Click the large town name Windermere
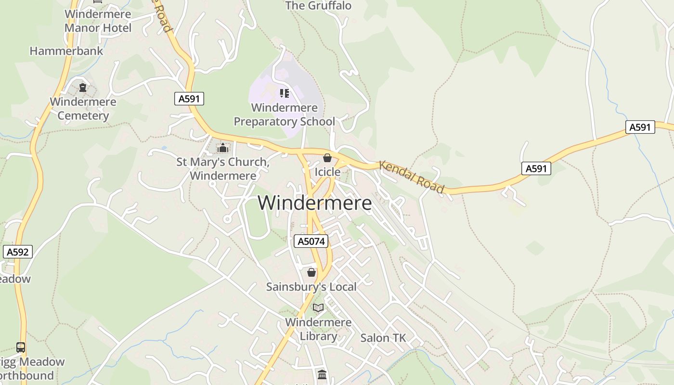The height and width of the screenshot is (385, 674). tap(314, 203)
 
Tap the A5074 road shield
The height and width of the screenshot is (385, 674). tap(311, 241)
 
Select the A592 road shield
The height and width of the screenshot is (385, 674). tap(18, 251)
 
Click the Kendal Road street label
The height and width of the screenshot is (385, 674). tap(412, 177)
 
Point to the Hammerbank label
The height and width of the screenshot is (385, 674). tap(66, 51)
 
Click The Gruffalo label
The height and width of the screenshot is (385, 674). tap(318, 6)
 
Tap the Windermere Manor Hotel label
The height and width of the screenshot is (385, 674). tap(98, 21)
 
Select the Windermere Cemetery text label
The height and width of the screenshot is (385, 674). tap(83, 109)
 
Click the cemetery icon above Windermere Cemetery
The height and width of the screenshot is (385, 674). tap(83, 88)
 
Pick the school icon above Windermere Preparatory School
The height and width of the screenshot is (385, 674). tap(285, 93)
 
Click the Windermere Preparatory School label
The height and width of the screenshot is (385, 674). tap(285, 115)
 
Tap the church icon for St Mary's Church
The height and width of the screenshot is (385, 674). tap(222, 148)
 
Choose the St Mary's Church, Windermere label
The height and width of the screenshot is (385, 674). tap(223, 169)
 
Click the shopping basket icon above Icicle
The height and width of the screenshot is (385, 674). tap(327, 158)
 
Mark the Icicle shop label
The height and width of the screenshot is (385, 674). tap(327, 172)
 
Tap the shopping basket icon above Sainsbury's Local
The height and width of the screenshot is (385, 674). tap(311, 272)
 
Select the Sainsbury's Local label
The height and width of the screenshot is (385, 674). tap(311, 287)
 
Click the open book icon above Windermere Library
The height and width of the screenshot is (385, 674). tap(318, 308)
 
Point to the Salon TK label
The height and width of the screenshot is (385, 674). tap(383, 338)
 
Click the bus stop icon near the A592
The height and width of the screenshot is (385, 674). tap(21, 347)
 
